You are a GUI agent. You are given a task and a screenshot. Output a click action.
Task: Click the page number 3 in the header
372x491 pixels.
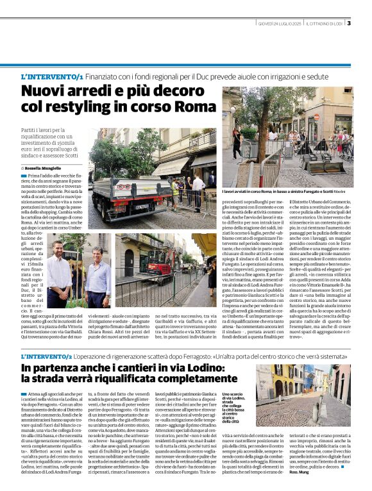pyautogui.click(x=349, y=24)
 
